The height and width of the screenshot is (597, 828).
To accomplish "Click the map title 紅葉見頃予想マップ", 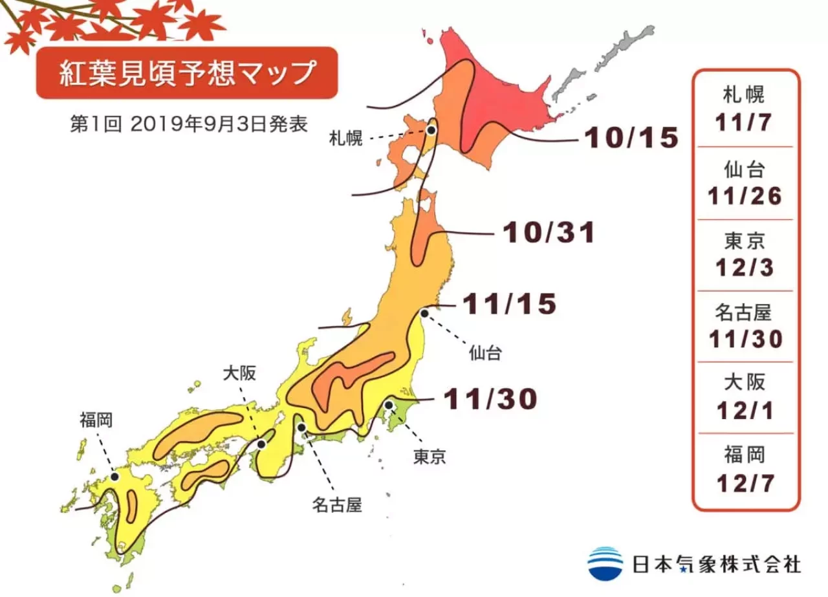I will tap(186, 72).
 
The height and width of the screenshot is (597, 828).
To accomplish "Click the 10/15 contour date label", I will tap(631, 137).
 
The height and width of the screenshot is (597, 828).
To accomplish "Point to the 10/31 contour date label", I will tap(549, 233).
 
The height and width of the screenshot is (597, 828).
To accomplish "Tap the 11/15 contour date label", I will tap(510, 304).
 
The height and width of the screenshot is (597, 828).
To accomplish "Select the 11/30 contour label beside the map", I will tap(490, 399).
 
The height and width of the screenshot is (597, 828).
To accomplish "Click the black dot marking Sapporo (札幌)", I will tap(431, 130).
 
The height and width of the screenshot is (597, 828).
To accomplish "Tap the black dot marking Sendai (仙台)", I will tap(424, 313).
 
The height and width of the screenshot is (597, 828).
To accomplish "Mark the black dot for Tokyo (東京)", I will tap(389, 405).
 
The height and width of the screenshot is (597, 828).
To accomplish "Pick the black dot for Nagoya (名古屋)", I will tap(301, 427).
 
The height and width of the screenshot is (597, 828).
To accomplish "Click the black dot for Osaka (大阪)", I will tap(260, 444).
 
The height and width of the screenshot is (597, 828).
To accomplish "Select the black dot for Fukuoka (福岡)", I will tap(114, 476).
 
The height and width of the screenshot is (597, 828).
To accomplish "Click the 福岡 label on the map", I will tap(96, 420).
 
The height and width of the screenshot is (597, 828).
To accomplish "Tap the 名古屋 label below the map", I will tap(336, 504).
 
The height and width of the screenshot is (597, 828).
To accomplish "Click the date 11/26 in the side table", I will tap(745, 196).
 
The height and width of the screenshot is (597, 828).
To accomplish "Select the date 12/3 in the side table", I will tap(745, 268).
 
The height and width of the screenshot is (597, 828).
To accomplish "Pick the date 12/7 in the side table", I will tap(745, 483).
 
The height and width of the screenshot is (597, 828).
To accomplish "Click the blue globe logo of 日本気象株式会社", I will tap(605, 563).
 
